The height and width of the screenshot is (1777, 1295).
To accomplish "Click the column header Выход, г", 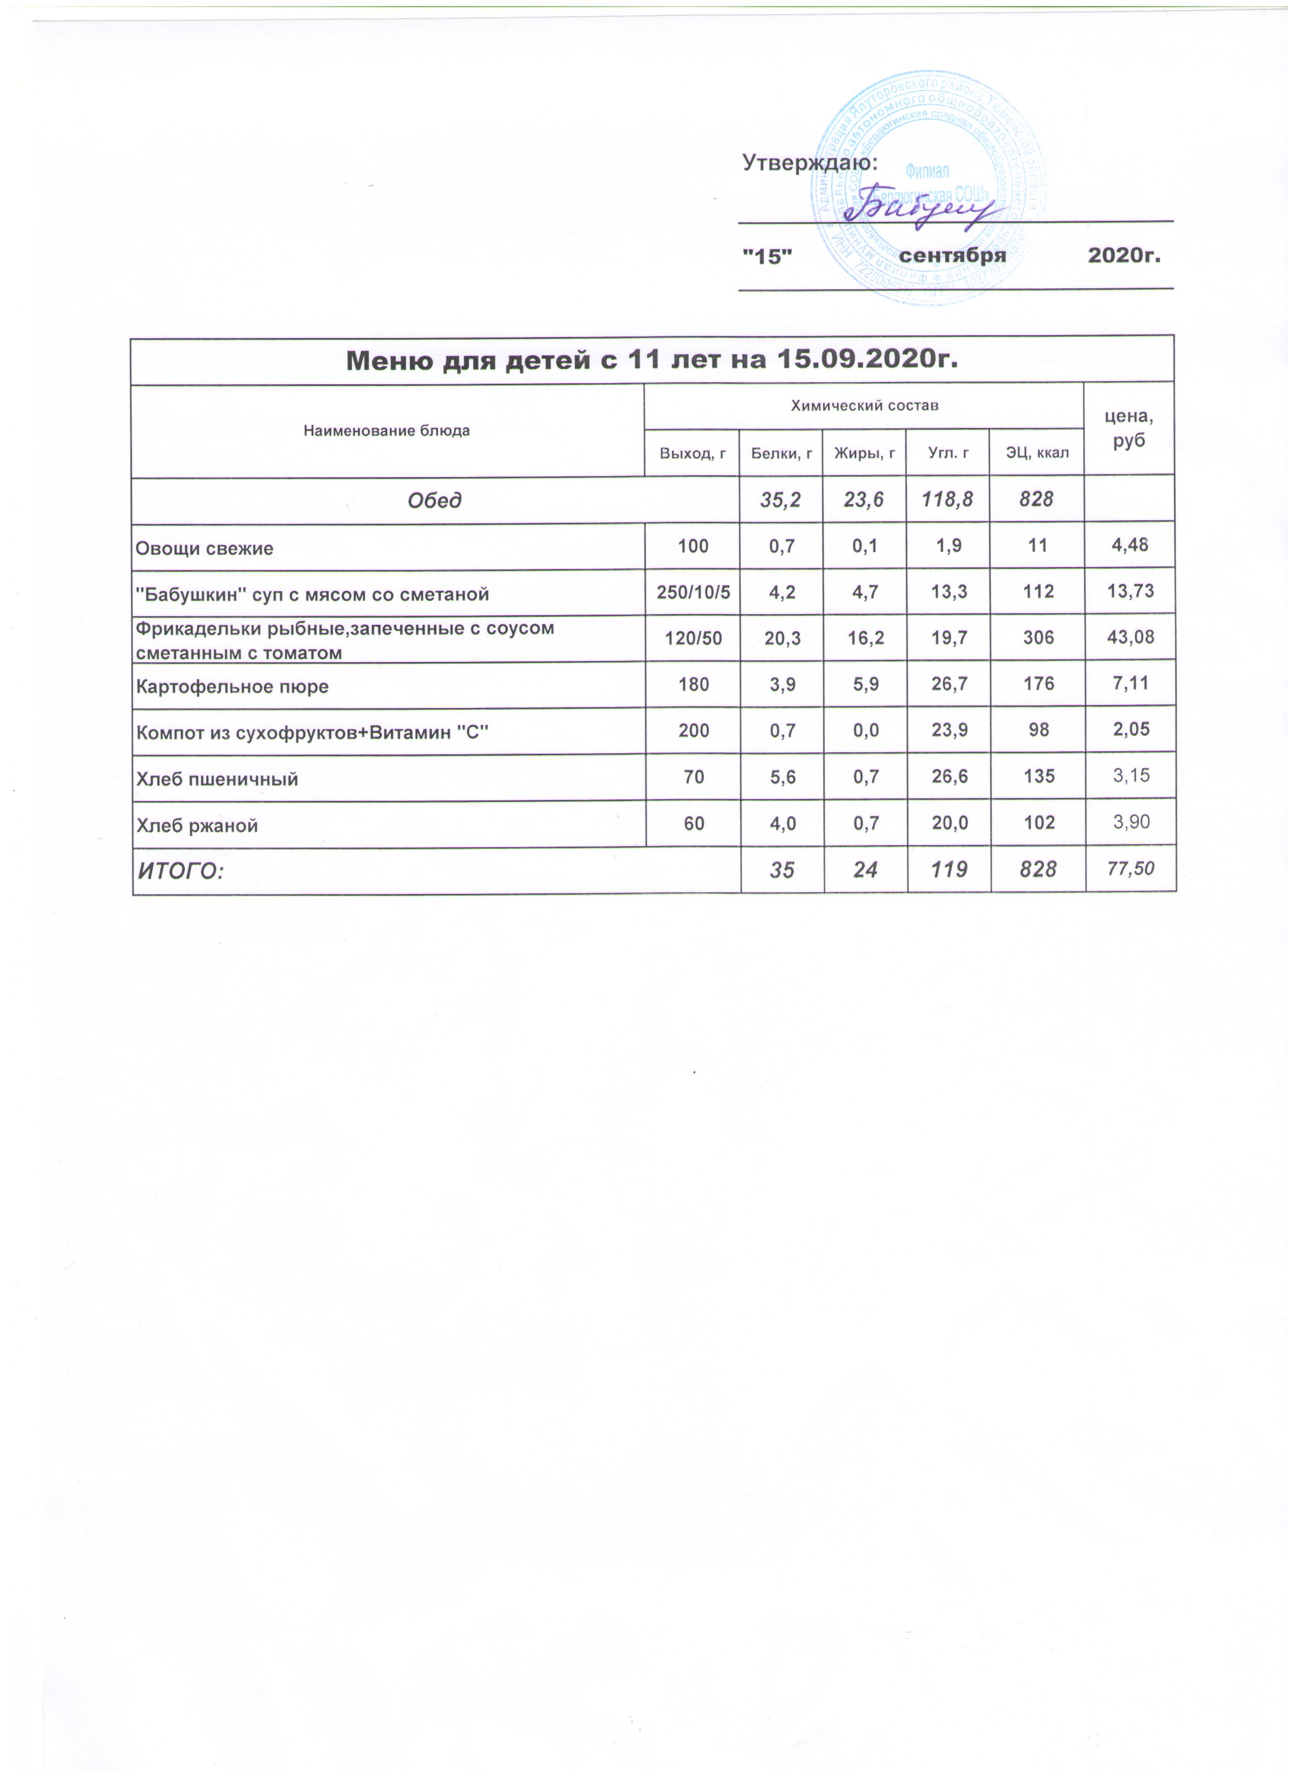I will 693,453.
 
